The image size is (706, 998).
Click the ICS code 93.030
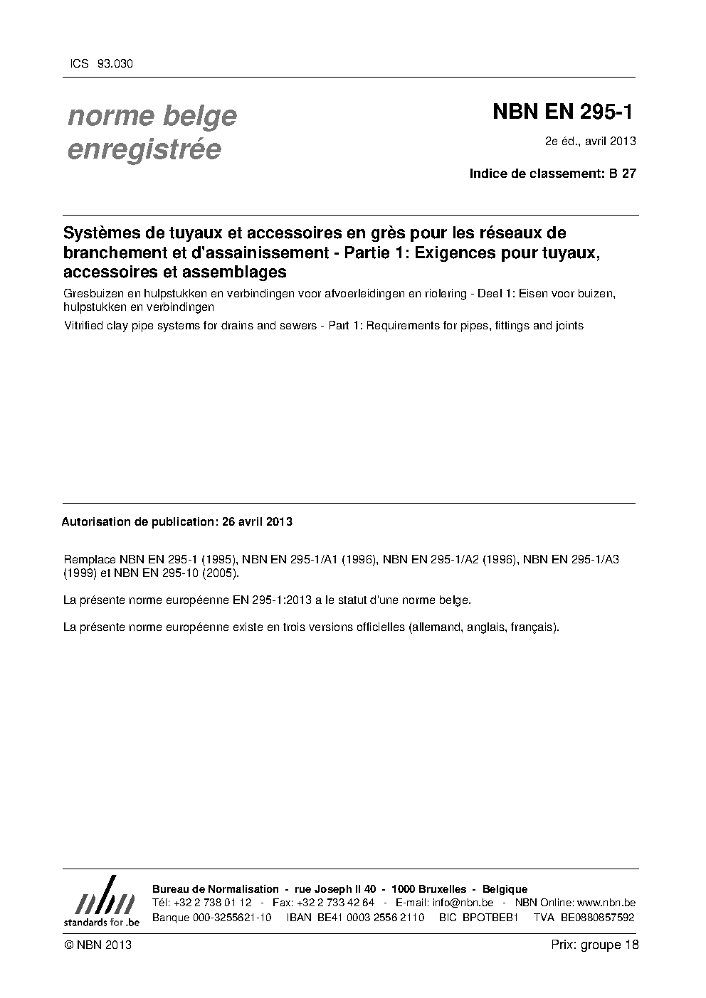coord(115,63)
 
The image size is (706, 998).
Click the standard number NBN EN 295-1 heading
coord(562,112)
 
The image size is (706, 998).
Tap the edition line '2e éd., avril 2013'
coord(590,140)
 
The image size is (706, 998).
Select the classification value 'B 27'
coord(623,173)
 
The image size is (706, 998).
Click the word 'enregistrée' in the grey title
coord(144,150)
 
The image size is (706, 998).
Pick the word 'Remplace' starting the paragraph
coord(89,559)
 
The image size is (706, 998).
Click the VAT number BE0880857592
coord(597,917)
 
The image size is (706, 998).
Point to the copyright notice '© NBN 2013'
coord(98,945)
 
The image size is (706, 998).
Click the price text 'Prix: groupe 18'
coord(595,945)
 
